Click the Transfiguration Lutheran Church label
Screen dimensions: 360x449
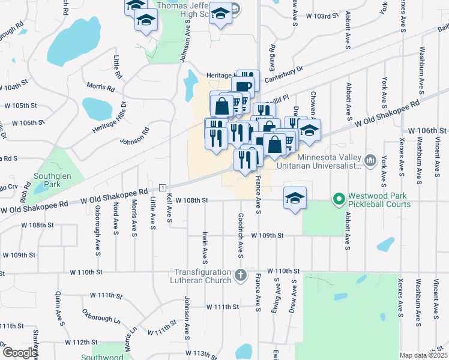(x=203, y=276)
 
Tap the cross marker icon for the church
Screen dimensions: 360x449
(x=240, y=276)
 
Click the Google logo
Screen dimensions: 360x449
(x=19, y=353)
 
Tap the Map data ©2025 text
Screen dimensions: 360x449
(x=423, y=355)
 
